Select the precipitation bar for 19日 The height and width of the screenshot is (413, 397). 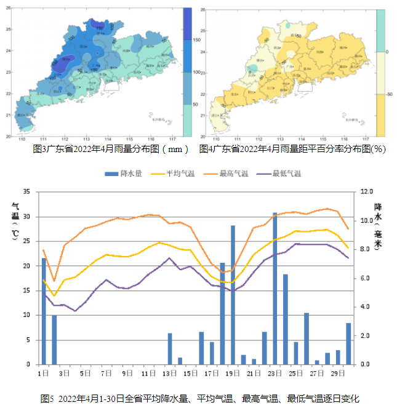233,295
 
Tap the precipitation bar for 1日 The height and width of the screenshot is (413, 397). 44,311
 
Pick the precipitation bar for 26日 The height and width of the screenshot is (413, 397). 307,339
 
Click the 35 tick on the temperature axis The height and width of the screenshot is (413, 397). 26,192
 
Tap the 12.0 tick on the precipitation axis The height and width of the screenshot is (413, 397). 367,192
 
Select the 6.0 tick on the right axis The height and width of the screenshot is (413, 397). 366,278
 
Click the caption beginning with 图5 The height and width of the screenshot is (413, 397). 199,399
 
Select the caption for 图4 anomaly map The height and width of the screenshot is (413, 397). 292,148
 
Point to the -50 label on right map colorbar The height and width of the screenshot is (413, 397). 388,94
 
